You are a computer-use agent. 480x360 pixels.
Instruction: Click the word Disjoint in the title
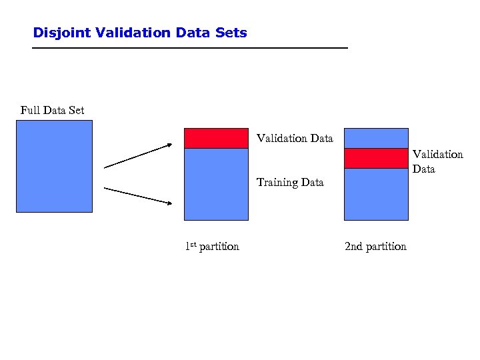click(x=57, y=33)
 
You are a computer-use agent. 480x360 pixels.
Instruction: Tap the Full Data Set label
click(x=53, y=110)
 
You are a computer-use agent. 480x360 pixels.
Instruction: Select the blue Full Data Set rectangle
click(x=54, y=166)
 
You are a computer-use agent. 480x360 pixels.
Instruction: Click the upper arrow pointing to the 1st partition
click(x=138, y=155)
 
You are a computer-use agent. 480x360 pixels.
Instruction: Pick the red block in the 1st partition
click(x=216, y=138)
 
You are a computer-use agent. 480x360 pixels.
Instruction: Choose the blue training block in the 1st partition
click(x=216, y=184)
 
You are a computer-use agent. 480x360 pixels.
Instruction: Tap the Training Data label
click(x=290, y=182)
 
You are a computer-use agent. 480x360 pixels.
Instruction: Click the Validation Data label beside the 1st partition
click(x=295, y=139)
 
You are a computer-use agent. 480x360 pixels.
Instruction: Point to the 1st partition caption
click(x=212, y=247)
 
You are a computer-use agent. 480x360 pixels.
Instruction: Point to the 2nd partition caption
click(x=375, y=247)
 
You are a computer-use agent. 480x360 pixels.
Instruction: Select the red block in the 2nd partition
click(x=376, y=158)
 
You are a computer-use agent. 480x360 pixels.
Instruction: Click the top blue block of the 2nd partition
click(x=376, y=138)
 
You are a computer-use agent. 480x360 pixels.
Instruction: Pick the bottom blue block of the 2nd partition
click(x=376, y=194)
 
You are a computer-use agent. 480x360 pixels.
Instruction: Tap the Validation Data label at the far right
click(x=437, y=161)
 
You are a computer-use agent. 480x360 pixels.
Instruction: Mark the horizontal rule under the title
click(x=191, y=49)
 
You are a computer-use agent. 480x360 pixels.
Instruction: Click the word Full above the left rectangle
click(x=29, y=110)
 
